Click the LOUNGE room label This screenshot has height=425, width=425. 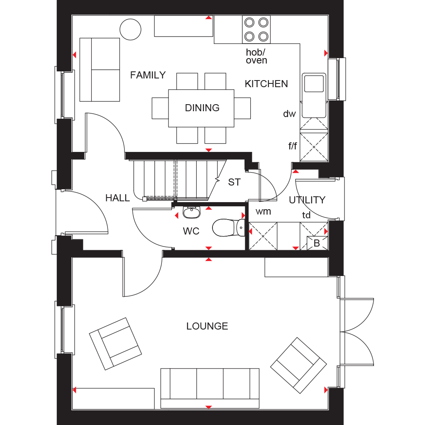point(207,326)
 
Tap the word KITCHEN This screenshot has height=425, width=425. point(266,84)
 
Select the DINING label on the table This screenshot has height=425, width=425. point(202,108)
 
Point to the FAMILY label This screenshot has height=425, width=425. point(148,75)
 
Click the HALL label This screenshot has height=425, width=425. point(117,198)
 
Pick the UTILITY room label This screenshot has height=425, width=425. point(307,200)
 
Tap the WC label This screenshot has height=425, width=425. point(191,231)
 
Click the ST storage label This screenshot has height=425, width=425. point(234,182)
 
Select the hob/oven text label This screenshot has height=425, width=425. point(256,56)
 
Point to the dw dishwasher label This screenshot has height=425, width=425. point(289,114)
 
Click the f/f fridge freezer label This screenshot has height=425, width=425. point(293,146)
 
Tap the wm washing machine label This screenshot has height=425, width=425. point(263,211)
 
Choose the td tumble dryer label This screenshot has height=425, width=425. point(306,215)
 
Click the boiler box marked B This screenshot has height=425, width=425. point(317,243)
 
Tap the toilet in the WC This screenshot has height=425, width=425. point(229,228)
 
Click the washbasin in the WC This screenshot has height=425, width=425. point(192,212)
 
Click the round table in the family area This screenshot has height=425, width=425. point(130,29)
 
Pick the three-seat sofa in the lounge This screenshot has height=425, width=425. point(210,388)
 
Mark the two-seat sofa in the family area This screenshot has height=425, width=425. point(100,70)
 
